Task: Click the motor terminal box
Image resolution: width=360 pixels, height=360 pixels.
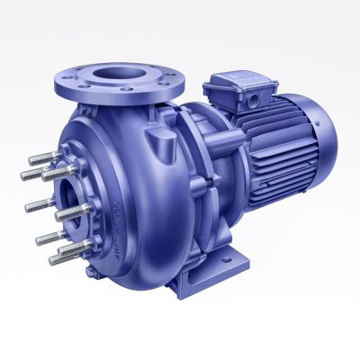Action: [x=238, y=94]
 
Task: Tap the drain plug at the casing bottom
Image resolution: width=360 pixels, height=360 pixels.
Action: [x=133, y=285]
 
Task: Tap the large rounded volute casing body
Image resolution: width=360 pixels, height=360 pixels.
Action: [x=135, y=207]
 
